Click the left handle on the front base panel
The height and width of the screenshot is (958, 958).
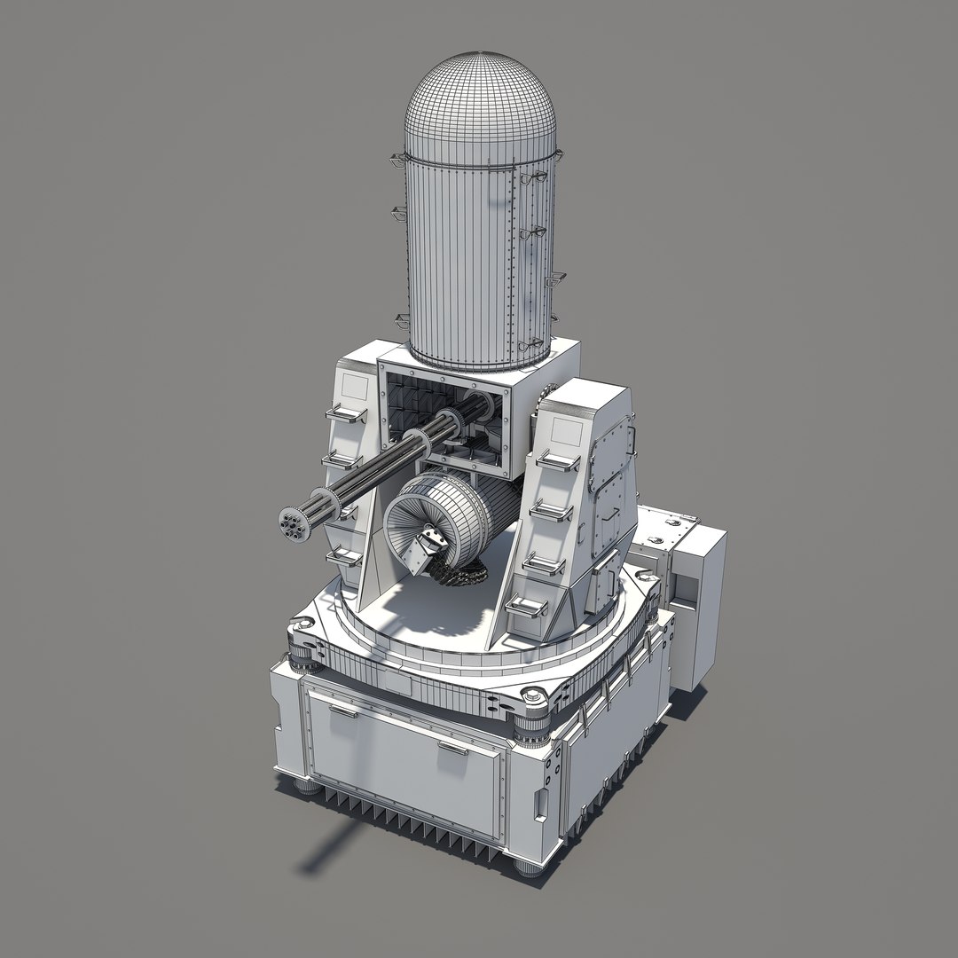(x=343, y=710)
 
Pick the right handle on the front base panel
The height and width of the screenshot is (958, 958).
(x=452, y=748)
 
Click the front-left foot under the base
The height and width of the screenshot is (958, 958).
(x=308, y=784)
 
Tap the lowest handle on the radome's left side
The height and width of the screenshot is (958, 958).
(x=402, y=320)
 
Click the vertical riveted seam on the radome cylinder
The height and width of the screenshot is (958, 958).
(x=510, y=257)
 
